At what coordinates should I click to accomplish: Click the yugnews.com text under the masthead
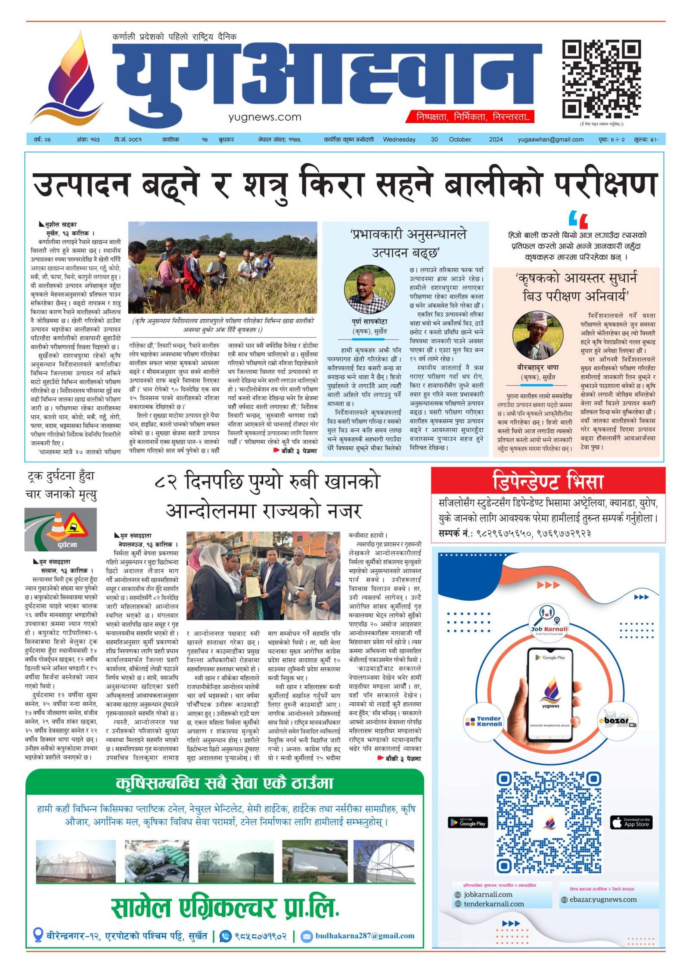(264, 117)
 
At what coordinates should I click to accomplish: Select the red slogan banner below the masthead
(469, 117)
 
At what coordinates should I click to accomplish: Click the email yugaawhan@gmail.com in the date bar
(550, 140)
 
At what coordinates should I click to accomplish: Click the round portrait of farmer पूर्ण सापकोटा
(369, 290)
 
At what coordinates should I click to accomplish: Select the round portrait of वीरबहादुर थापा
(538, 336)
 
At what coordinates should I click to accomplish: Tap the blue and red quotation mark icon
(578, 219)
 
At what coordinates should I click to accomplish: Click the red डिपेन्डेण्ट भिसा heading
(548, 481)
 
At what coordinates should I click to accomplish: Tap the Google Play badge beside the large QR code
(467, 822)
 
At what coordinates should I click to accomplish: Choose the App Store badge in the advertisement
(631, 822)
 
